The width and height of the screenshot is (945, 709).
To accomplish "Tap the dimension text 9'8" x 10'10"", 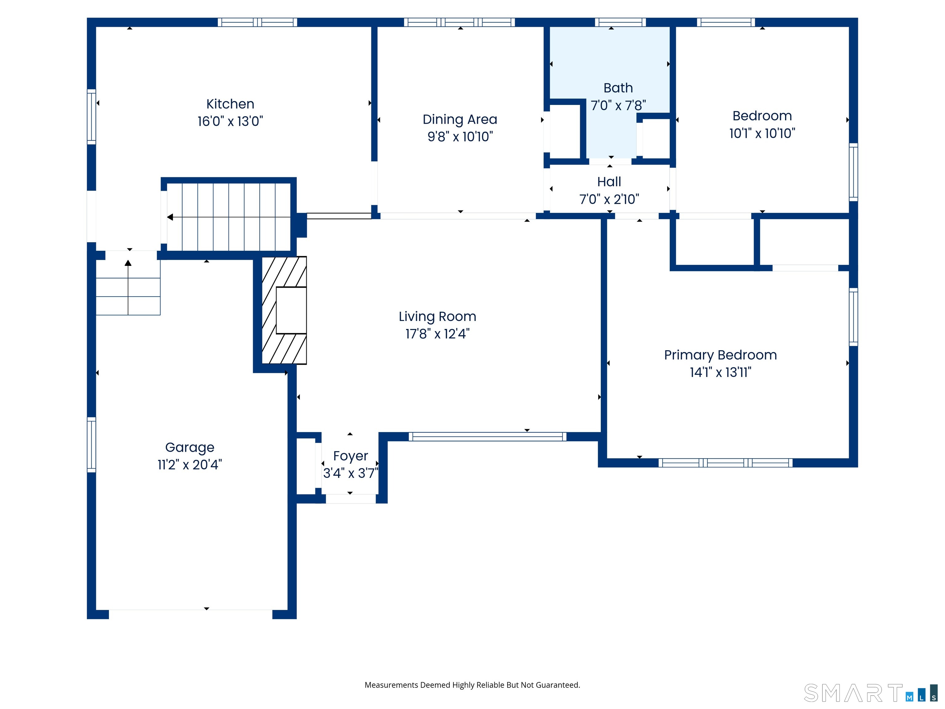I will pos(460,137).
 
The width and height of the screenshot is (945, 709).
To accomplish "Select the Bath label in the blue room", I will pos(618,88).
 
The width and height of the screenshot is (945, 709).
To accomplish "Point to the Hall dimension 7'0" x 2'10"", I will pos(609,199).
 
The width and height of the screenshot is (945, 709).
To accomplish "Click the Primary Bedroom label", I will pos(720,355).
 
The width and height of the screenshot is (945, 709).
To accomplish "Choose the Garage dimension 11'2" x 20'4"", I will pos(190,465).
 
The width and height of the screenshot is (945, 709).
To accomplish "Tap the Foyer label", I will pos(350,456).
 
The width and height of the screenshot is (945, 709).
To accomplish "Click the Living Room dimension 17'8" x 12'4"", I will pos(437,334).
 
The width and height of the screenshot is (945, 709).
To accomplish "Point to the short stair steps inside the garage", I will pos(128,296).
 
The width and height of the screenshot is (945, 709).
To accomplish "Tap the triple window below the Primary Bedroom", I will pos(725,463).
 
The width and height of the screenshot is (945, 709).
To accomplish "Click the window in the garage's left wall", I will pos(91,444).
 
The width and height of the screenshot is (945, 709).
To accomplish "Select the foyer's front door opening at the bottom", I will pos(350,499).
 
